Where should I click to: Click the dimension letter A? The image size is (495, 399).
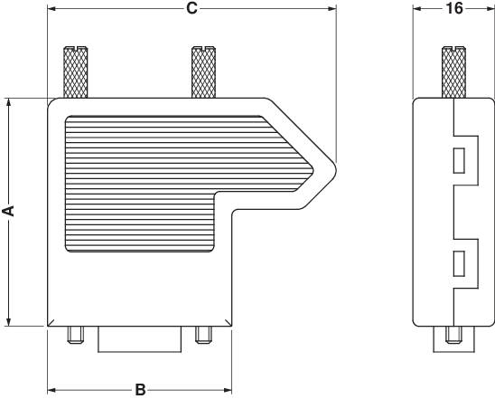pyautogui.click(x=9, y=211)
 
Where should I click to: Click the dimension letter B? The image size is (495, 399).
pyautogui.click(x=140, y=390)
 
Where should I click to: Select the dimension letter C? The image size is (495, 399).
pyautogui.click(x=191, y=8)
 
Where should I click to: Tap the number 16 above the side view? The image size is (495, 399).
pyautogui.click(x=454, y=8)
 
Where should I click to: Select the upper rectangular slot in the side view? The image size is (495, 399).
pyautogui.click(x=458, y=162)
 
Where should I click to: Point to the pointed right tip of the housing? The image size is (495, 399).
pyautogui.click(x=334, y=167)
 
